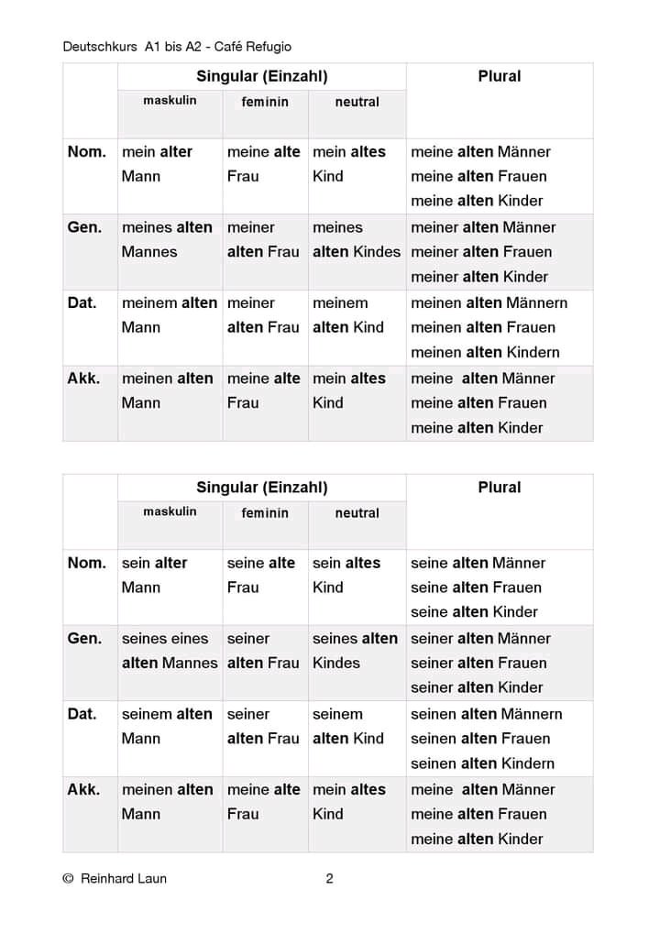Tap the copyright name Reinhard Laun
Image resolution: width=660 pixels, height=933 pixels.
tap(124, 878)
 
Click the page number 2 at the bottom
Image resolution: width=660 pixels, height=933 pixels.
tap(329, 878)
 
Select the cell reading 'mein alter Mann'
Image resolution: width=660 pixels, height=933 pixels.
tap(158, 164)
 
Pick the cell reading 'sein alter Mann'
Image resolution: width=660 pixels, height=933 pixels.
tap(156, 576)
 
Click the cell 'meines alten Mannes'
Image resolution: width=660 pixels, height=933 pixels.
tap(167, 239)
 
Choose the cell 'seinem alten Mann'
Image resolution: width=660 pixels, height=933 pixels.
tap(167, 726)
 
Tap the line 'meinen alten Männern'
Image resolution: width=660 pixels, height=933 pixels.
tap(489, 302)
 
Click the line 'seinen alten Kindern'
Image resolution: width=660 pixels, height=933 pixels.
tap(482, 763)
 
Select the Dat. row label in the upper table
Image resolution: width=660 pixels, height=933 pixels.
tap(82, 302)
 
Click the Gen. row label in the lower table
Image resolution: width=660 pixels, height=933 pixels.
tap(84, 638)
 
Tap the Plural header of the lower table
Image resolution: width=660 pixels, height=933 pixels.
tap(500, 488)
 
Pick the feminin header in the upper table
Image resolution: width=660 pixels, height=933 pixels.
tap(265, 102)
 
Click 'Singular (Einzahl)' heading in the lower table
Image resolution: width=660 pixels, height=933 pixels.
tap(261, 488)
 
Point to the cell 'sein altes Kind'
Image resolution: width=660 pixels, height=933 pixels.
tap(346, 576)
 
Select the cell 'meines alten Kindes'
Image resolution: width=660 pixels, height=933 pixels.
tap(356, 239)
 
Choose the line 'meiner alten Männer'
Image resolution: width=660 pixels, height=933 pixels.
tap(483, 227)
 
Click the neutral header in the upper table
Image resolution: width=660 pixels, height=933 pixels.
tap(357, 102)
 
